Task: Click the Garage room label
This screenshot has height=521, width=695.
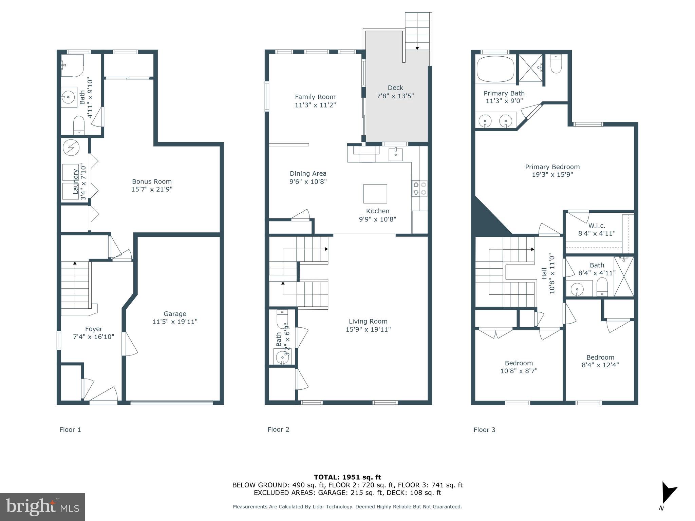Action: coord(175,314)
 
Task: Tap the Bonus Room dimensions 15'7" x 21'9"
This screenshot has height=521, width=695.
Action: coord(152,189)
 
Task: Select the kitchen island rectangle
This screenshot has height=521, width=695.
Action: coord(375,193)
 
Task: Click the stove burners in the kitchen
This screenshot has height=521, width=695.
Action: coord(419,189)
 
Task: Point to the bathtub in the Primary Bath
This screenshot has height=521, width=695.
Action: coord(495,69)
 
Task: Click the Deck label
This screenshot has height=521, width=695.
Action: coord(395,88)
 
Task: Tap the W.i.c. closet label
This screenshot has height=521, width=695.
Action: coord(597,226)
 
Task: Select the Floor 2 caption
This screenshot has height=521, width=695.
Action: coord(278,429)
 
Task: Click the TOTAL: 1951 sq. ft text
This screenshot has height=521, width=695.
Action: coord(347,477)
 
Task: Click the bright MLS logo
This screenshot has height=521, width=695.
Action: coord(42,507)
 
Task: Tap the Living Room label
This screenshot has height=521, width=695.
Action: coord(368,321)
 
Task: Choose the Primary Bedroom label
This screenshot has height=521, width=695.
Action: coord(552,167)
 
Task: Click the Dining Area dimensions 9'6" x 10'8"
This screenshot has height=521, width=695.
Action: coord(308,181)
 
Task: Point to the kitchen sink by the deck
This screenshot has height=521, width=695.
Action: coord(395,154)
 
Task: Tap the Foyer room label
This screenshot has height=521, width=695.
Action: coord(94,329)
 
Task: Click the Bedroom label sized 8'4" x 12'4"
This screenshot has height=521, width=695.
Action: coord(600,357)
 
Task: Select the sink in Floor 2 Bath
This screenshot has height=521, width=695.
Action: coord(281,357)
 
